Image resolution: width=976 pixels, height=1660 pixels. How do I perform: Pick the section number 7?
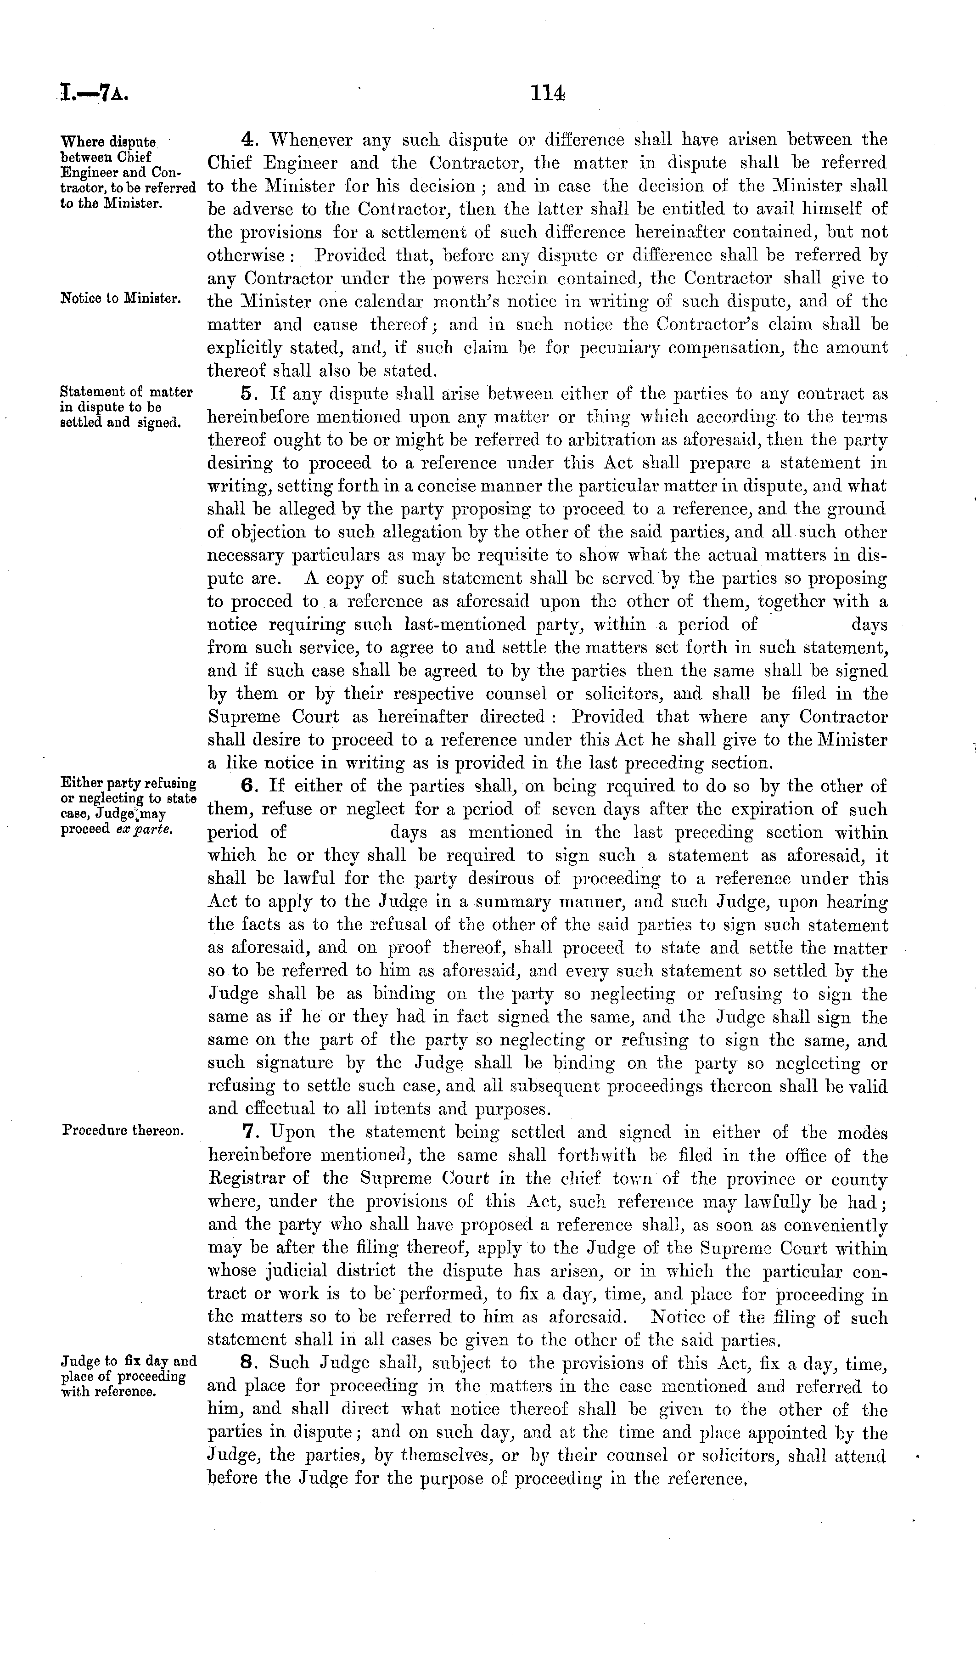[248, 1132]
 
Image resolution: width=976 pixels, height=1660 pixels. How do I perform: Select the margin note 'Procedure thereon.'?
[123, 1130]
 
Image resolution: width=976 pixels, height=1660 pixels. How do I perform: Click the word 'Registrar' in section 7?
[247, 1179]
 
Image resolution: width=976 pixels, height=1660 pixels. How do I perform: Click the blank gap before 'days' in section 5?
[803, 625]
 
